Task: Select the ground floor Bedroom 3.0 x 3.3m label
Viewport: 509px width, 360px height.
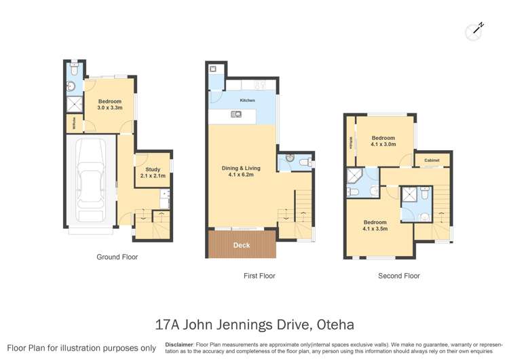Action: click(109, 104)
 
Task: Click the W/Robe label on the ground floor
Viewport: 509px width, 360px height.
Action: click(73, 124)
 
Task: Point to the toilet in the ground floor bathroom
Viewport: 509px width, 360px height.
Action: click(76, 69)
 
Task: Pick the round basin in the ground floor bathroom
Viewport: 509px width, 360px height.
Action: click(72, 86)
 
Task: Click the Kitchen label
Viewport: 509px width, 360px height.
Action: click(247, 101)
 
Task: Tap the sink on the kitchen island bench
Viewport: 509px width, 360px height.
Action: click(236, 114)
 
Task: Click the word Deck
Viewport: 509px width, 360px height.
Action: click(241, 245)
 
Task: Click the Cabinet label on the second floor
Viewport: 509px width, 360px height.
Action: click(432, 160)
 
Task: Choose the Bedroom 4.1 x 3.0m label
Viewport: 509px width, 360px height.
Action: click(383, 141)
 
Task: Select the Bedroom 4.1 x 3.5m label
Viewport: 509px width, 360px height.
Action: click(375, 225)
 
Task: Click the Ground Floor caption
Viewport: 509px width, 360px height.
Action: click(118, 257)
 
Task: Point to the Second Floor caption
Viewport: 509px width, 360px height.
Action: click(398, 276)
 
